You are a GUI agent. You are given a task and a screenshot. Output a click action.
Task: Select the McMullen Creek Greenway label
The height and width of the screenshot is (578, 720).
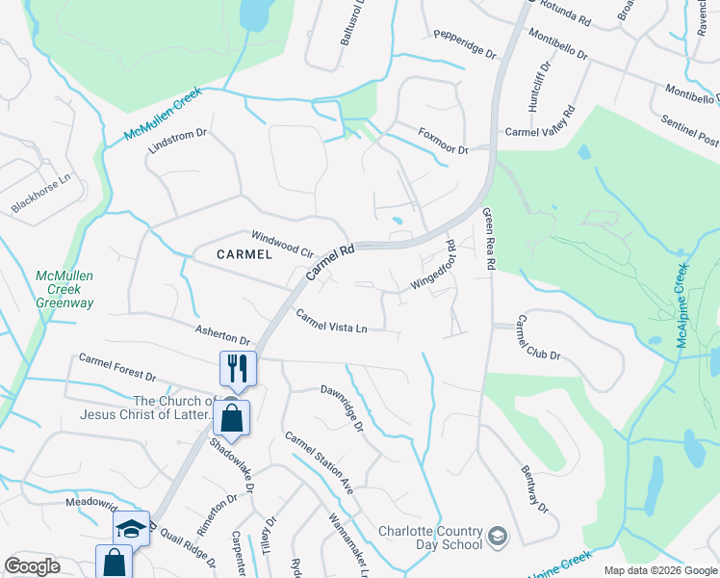[64, 290]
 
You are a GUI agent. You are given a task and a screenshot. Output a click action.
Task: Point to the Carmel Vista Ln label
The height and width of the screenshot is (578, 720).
[331, 322]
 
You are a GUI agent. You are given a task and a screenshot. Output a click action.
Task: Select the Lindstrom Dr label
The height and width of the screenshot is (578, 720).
[178, 143]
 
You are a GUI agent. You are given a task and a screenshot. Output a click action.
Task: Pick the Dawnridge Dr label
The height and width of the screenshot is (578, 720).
[342, 408]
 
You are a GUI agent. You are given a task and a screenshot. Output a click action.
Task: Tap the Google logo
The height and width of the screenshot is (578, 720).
[33, 566]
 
